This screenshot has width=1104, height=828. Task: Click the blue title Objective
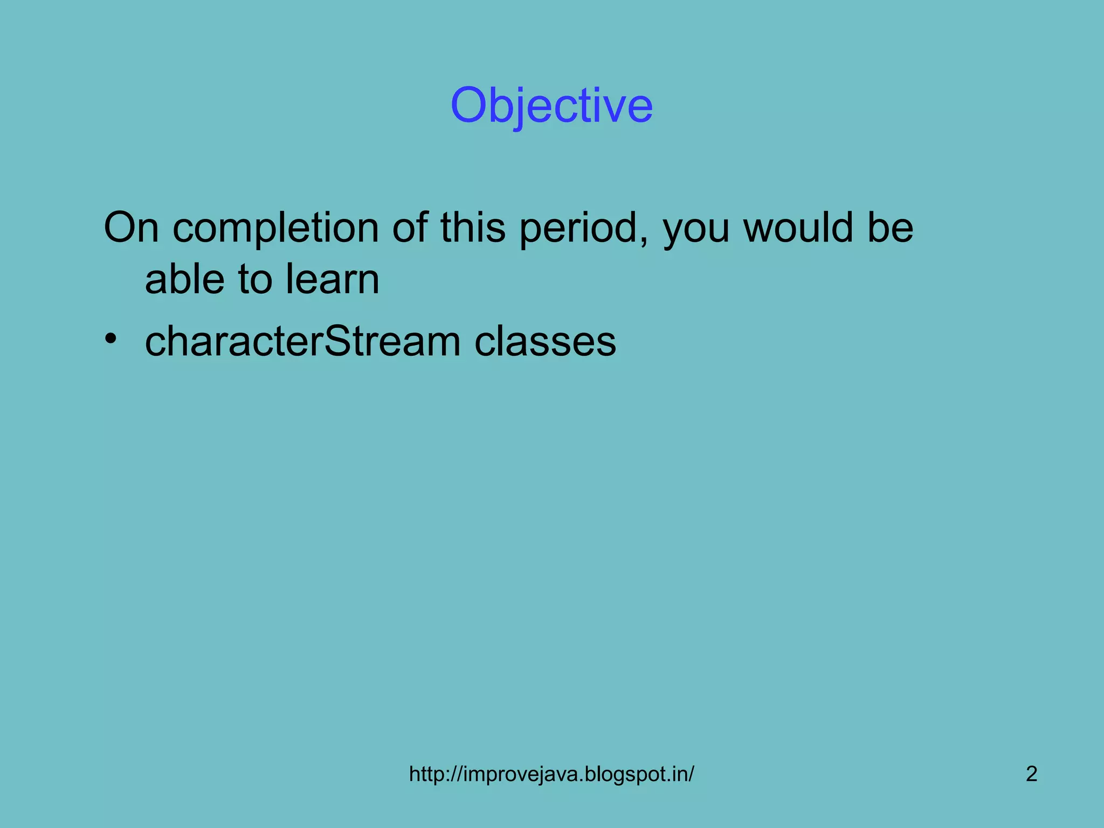[551, 106]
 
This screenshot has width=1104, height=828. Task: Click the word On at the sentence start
[131, 227]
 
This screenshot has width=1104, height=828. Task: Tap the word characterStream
[302, 341]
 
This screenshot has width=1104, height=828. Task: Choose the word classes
[545, 341]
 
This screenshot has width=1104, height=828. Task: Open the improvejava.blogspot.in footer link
[551, 774]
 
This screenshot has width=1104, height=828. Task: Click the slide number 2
[1031, 774]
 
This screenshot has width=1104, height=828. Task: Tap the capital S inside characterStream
[338, 341]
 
